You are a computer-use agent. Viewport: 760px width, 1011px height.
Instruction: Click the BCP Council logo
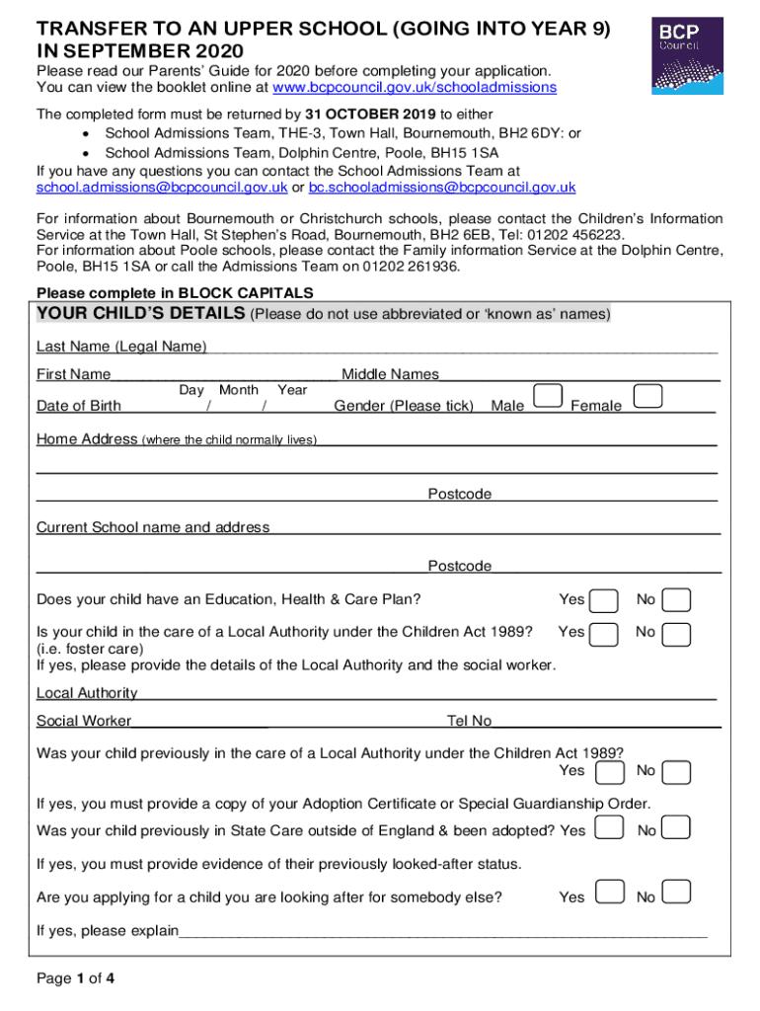[x=687, y=55]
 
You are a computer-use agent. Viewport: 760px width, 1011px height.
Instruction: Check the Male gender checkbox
[x=548, y=397]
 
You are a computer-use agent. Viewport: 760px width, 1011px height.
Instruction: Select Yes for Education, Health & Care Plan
[x=604, y=601]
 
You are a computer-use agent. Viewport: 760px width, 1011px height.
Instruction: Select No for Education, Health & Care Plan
[x=676, y=601]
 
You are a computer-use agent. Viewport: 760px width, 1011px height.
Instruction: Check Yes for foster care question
[x=604, y=634]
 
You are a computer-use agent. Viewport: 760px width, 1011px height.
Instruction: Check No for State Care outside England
[x=676, y=828]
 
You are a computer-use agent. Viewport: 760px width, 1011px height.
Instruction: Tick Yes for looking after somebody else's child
[x=610, y=894]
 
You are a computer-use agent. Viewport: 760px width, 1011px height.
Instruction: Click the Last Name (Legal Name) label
[x=121, y=347]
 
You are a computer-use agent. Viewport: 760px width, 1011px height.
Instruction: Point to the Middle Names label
[x=390, y=374]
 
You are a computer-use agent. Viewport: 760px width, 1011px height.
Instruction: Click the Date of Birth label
[x=79, y=406]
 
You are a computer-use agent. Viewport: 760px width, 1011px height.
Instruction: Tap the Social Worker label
[x=84, y=722]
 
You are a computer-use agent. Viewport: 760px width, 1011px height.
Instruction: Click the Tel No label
[x=469, y=722]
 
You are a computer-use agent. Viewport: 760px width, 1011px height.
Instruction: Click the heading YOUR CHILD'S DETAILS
[x=141, y=314]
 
